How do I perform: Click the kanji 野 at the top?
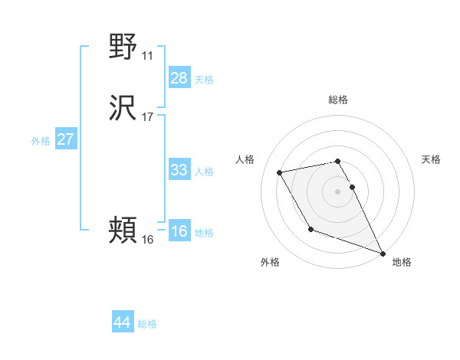click(x=123, y=47)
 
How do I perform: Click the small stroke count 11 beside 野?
click(x=147, y=55)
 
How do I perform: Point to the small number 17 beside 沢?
click(x=147, y=118)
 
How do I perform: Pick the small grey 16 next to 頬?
click(x=147, y=239)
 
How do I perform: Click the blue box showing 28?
click(x=179, y=78)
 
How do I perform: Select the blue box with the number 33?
click(x=179, y=170)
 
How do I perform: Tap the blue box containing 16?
click(x=179, y=232)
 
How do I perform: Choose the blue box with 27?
click(x=65, y=139)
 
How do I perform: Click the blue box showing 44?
click(x=122, y=322)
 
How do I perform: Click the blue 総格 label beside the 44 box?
click(x=147, y=324)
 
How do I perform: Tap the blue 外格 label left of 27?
click(x=41, y=141)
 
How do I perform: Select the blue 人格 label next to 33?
click(x=204, y=172)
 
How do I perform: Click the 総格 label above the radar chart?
click(x=338, y=100)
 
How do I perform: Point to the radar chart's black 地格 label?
click(x=402, y=262)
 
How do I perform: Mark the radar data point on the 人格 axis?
click(x=280, y=172)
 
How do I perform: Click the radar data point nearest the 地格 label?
click(x=383, y=254)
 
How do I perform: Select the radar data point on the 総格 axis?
click(x=338, y=161)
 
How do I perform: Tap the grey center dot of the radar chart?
click(x=338, y=191)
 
